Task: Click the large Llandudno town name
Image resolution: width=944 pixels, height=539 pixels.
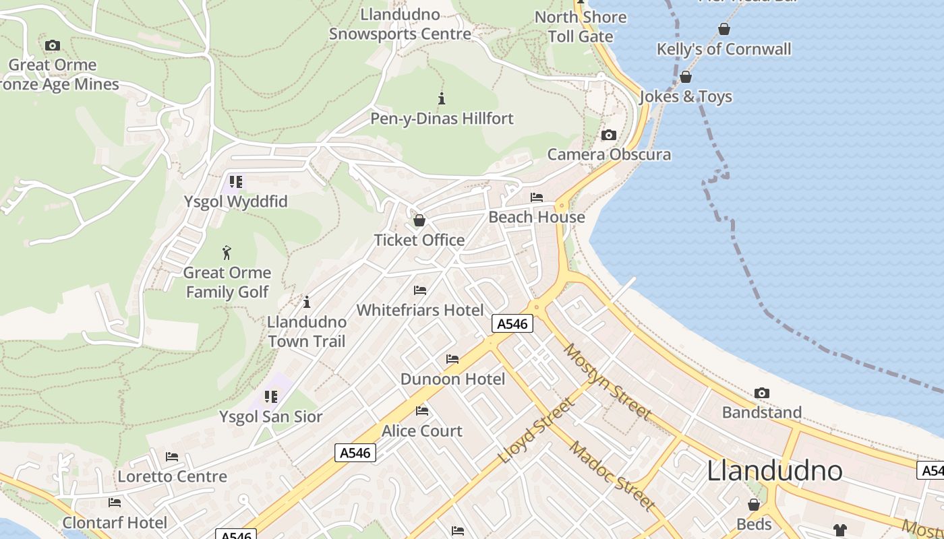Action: point(774,470)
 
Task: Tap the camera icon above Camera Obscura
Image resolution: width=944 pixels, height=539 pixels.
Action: point(608,135)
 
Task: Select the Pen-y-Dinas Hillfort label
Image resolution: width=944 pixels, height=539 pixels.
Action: point(442,119)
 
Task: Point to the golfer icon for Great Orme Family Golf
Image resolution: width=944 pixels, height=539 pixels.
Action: point(227,253)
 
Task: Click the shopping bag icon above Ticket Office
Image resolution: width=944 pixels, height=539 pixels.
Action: point(419,220)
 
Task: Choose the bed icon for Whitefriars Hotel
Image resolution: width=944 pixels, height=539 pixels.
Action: point(420,290)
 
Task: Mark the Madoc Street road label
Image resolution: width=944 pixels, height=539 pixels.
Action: point(612,476)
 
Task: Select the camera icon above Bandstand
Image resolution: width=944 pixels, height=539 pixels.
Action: point(762,393)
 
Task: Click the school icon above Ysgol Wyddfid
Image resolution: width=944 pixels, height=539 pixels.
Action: point(235,181)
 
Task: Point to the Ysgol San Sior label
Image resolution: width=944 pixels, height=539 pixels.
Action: point(271,416)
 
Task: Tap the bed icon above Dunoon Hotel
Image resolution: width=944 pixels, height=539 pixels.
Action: point(452,359)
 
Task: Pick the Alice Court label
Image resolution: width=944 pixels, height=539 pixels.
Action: point(422,431)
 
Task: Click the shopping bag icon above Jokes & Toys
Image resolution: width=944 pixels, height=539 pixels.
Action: point(686,77)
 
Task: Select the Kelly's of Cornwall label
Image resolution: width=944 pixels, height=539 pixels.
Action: point(724,49)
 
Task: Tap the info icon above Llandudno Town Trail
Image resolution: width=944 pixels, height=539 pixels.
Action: point(307,302)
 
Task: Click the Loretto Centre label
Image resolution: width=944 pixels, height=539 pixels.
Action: point(172,476)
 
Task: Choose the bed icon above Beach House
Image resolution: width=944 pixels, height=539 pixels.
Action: point(537,197)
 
